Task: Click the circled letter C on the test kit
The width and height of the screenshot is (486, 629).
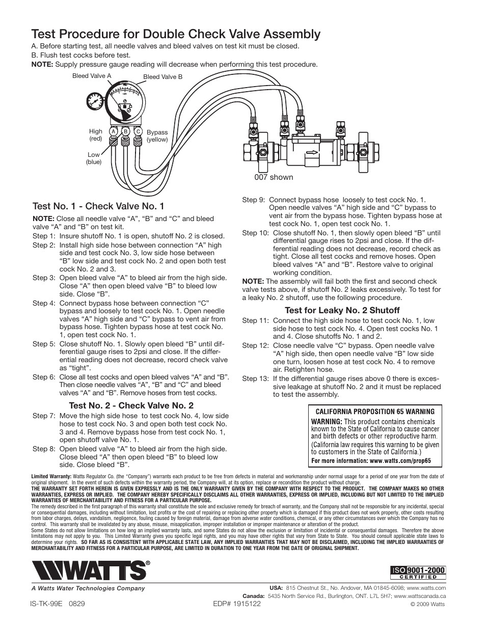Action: point(138,131)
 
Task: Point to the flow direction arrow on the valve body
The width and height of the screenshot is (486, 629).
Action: point(308,151)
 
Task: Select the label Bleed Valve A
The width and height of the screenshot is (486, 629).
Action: point(92,76)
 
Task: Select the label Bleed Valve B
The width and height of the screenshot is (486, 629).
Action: point(163,77)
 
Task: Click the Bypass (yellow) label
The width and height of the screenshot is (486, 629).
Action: point(157,135)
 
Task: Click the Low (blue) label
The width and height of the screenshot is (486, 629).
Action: point(94,158)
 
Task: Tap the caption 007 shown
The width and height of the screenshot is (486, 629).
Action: point(274,177)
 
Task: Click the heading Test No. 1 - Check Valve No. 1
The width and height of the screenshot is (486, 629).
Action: point(98,206)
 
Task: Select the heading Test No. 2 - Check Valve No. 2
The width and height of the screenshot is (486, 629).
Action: point(131,405)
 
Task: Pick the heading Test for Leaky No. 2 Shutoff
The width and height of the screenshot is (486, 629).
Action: point(342,310)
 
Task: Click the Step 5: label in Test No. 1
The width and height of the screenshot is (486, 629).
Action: point(44,343)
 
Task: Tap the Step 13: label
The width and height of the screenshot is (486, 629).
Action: point(256,378)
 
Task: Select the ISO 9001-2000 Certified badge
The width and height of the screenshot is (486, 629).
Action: point(418,573)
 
